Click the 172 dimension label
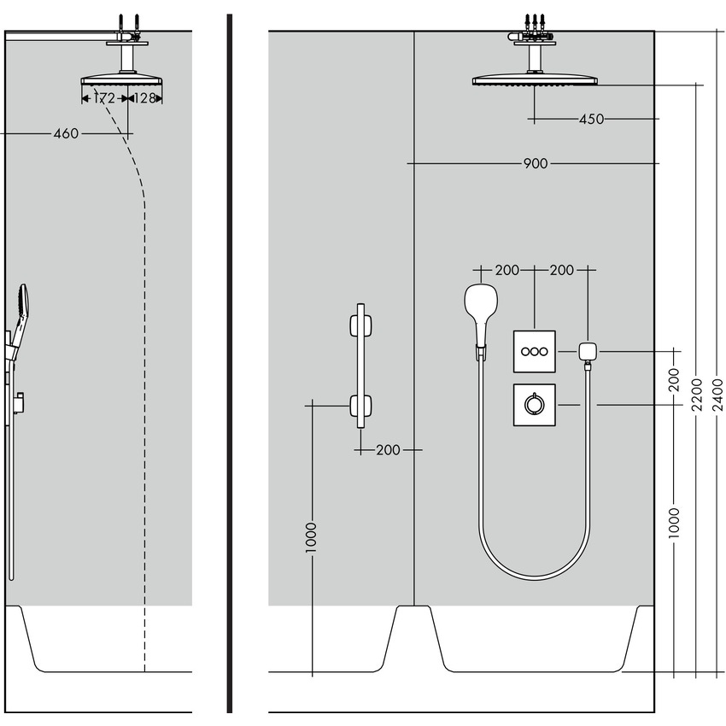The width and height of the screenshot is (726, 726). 103,99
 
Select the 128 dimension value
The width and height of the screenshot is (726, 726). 144,99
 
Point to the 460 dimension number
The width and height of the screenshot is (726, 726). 66,134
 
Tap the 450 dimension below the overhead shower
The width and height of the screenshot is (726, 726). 591,120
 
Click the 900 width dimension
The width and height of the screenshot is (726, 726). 536,163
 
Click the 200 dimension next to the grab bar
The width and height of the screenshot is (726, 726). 388,450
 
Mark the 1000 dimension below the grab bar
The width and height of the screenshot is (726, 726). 312,539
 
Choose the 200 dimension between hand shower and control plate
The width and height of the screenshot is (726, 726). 507,271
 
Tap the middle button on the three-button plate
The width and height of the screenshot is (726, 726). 535,351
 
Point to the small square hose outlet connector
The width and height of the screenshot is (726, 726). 587,351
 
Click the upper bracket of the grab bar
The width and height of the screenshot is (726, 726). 360,327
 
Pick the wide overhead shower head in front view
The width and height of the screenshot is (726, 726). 535,81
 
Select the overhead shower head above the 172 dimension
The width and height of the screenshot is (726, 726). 122,81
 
